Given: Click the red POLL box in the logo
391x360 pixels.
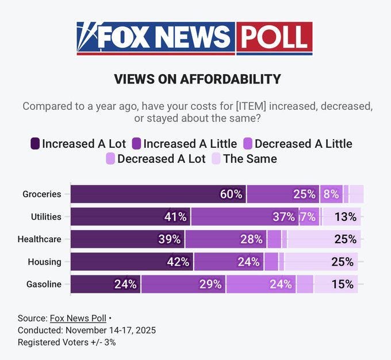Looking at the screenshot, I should tap(274, 38).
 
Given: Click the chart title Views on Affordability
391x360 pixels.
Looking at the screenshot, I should tap(197, 79).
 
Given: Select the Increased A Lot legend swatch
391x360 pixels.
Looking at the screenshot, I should tap(35, 144).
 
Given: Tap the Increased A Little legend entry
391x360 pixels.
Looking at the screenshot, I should tap(184, 144).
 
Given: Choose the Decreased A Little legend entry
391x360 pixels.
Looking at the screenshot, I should tap(297, 144).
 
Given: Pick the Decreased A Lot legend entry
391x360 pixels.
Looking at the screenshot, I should tap(155, 159).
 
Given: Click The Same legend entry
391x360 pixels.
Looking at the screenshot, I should tap(244, 159).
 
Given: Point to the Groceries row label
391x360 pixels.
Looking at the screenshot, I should tap(41, 194).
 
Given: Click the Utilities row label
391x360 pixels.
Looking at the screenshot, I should tap(45, 217).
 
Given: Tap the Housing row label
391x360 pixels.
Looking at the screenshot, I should tap(44, 262).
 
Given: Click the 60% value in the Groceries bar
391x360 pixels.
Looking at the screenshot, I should tap(231, 194).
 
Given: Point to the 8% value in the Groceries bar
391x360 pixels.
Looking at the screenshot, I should tap(331, 194).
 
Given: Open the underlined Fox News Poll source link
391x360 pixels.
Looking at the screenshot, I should tap(78, 318).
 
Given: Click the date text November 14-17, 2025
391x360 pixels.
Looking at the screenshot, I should tap(110, 330).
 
